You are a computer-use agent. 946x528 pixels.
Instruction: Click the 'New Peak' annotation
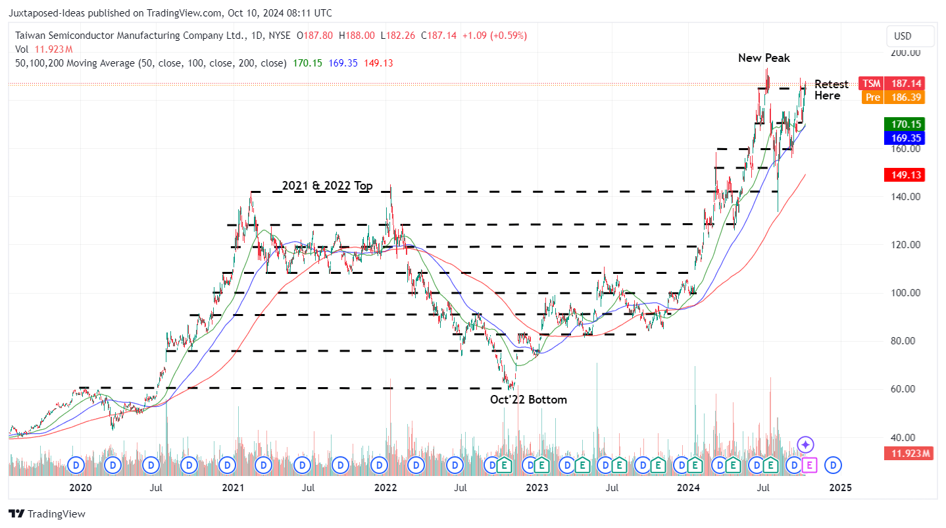(764, 58)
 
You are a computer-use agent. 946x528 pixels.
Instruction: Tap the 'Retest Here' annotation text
(831, 90)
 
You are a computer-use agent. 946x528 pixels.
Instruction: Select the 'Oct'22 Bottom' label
(528, 400)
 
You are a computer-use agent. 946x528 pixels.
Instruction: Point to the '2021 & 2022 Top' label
(327, 186)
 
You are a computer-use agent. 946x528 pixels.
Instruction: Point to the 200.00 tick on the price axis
(906, 53)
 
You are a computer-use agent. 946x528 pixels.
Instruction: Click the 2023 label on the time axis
(537, 488)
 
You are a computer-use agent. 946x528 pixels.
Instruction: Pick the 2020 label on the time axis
(80, 488)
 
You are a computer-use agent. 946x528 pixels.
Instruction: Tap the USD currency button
(910, 36)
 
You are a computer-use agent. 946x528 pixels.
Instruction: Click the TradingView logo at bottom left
(47, 514)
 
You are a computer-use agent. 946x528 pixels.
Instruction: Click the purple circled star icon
(806, 444)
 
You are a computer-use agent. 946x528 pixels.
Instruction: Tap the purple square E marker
(809, 465)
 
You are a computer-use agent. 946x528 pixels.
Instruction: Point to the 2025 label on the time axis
(840, 488)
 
